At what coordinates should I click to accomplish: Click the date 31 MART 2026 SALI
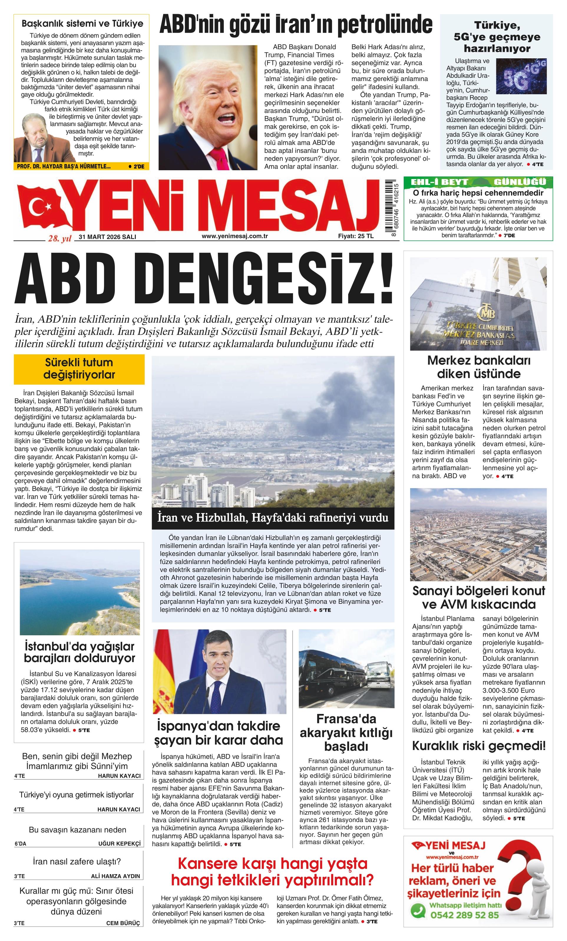pyautogui.click(x=107, y=237)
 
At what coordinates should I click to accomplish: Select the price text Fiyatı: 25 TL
pyautogui.click(x=356, y=236)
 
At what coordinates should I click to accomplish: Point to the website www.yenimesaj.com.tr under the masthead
pyautogui.click(x=234, y=236)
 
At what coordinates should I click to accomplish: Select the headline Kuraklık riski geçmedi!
pyautogui.click(x=479, y=745)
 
